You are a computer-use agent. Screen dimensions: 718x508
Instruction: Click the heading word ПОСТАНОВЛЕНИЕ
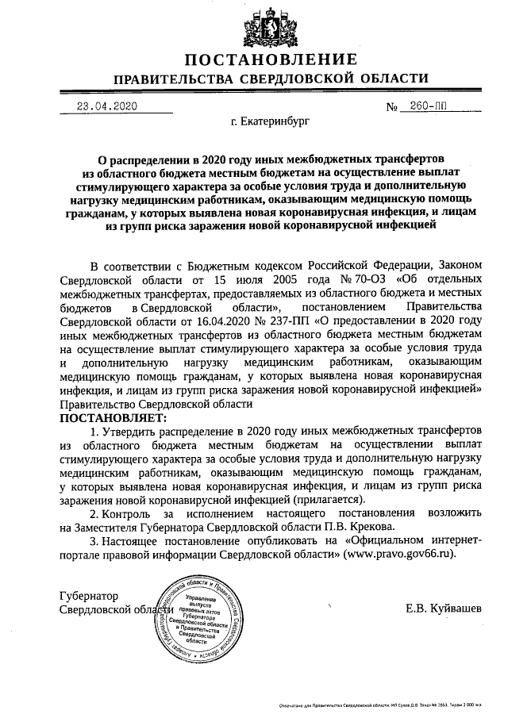[271, 60]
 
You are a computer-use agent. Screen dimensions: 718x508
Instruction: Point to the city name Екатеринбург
[270, 123]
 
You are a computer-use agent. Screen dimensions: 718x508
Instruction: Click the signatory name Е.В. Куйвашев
[442, 609]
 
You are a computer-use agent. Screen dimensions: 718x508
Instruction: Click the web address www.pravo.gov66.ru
[400, 553]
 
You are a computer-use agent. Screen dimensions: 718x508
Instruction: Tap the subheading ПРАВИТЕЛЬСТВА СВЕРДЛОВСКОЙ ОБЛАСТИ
[271, 79]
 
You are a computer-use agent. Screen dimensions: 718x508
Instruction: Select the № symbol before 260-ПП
[391, 107]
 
